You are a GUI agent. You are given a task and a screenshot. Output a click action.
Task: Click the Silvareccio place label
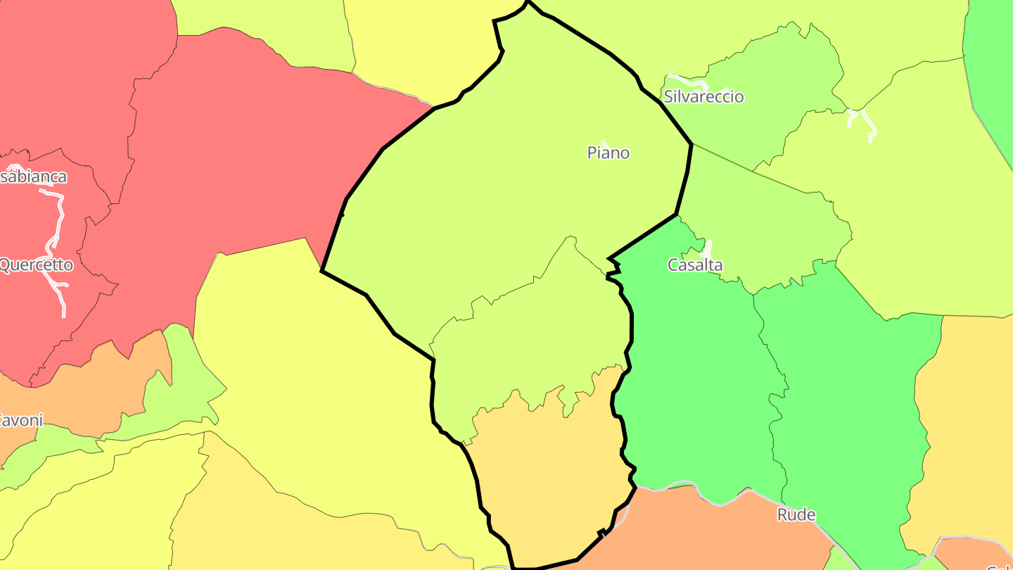(x=703, y=96)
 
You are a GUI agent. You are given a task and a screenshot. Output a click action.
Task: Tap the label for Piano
(x=609, y=153)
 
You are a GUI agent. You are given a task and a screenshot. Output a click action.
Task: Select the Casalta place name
(x=695, y=265)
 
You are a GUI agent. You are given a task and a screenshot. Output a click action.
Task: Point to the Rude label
(x=796, y=515)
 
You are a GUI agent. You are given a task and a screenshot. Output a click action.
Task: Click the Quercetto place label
(x=35, y=265)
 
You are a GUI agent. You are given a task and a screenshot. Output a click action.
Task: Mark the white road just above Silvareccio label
(x=686, y=79)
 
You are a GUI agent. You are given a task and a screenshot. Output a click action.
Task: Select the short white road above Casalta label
(x=708, y=248)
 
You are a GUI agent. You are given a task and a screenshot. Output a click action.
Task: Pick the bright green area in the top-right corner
(x=992, y=63)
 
